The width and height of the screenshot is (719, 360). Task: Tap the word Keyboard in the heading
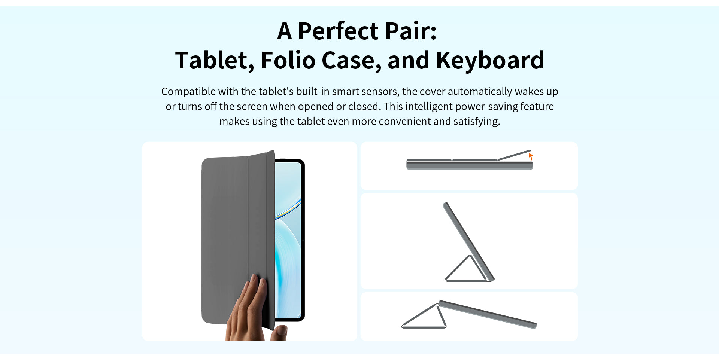pyautogui.click(x=490, y=60)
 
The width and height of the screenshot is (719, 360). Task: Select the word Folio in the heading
pyautogui.click(x=288, y=60)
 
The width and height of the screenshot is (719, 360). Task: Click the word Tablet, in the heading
pyautogui.click(x=215, y=61)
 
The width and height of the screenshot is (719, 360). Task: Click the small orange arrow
pyautogui.click(x=531, y=156)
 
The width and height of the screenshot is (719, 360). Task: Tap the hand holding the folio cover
pyautogui.click(x=247, y=309)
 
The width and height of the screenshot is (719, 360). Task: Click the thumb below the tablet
pyautogui.click(x=279, y=333)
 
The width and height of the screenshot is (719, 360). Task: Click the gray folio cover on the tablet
pyautogui.click(x=236, y=240)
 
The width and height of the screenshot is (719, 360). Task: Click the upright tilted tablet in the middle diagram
pyautogui.click(x=468, y=242)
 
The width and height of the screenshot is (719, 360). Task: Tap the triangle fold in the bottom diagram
pyautogui.click(x=424, y=317)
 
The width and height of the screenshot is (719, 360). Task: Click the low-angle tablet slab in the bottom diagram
pyautogui.click(x=487, y=314)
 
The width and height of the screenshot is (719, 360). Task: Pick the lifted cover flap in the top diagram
pyautogui.click(x=514, y=155)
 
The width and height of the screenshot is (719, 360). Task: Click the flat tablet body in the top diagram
pyautogui.click(x=470, y=165)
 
